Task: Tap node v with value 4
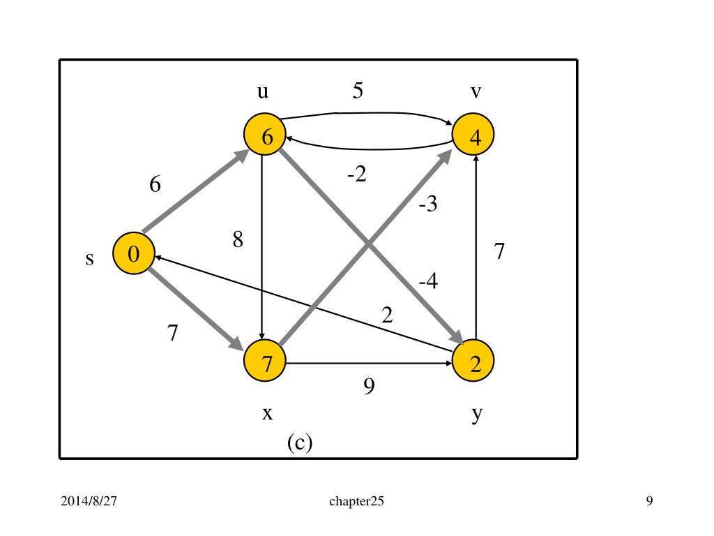[475, 136]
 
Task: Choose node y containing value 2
[474, 363]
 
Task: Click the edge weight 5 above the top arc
[358, 91]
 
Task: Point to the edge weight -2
[356, 174]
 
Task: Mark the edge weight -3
[428, 205]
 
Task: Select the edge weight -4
[428, 282]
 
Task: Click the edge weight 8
[238, 241]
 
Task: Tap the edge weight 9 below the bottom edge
[369, 385]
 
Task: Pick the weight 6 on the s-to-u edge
[155, 185]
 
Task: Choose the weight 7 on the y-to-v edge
[499, 251]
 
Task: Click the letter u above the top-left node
[264, 91]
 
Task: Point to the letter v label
[475, 91]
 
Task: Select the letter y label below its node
[476, 415]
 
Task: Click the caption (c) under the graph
[299, 442]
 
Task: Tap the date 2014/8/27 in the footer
[87, 501]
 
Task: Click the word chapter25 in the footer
[356, 501]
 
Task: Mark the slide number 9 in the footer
[649, 501]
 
